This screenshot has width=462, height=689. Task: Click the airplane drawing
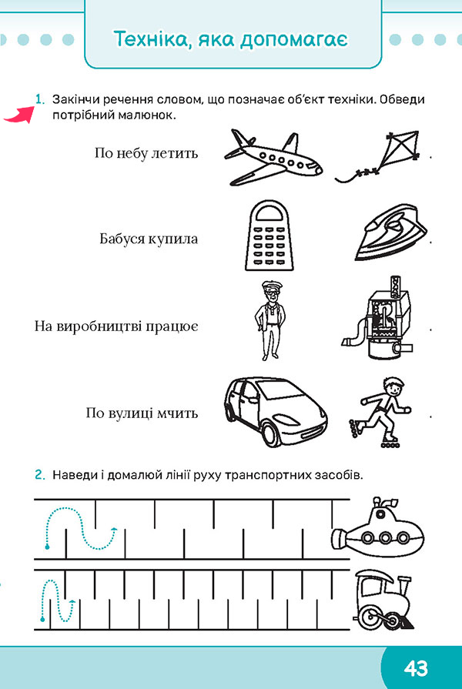click(273, 158)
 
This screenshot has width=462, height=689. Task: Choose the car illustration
click(276, 411)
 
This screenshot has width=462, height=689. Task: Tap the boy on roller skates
click(380, 412)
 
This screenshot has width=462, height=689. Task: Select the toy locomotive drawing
click(383, 600)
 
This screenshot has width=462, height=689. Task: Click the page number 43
click(415, 669)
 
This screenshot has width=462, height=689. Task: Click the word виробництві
click(100, 326)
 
